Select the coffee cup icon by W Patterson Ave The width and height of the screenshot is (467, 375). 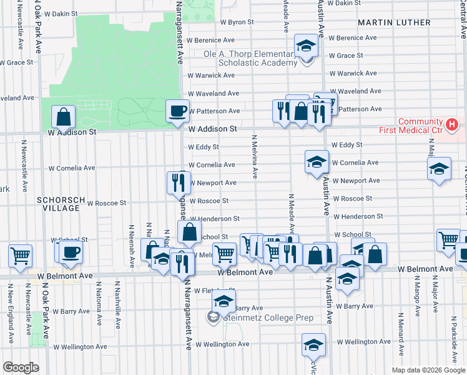click(x=177, y=111)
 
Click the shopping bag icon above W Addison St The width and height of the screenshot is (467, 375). click(x=63, y=116)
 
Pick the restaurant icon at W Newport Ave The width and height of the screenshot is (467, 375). click(x=179, y=182)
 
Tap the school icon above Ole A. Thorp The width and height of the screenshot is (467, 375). click(x=306, y=45)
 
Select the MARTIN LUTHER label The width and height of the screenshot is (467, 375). click(x=394, y=22)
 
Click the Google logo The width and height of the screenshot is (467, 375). click(x=21, y=367)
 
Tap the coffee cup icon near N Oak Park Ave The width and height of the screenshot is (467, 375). click(x=72, y=252)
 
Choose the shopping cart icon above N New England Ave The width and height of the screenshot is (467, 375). click(x=20, y=255)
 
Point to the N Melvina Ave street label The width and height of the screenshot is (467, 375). click(x=255, y=157)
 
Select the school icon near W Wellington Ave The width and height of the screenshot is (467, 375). click(x=313, y=344)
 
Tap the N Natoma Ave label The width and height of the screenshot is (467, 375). click(x=99, y=304)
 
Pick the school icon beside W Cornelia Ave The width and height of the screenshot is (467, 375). click(x=317, y=162)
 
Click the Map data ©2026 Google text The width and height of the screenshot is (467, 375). click(x=428, y=369)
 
